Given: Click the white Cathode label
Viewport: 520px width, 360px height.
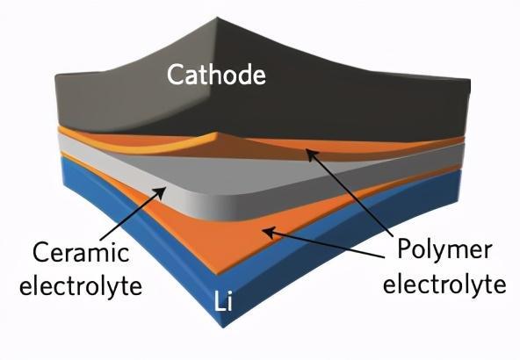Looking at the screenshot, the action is click(216, 75).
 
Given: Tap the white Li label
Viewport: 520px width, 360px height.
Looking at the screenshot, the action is click(223, 301).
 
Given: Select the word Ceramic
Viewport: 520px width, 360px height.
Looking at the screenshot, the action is click(81, 253).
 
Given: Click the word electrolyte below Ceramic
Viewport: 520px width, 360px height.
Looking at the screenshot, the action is click(81, 285).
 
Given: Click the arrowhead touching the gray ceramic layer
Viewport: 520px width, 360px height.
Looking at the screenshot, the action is click(160, 192).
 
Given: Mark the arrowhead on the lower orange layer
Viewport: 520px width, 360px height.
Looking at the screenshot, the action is click(270, 232).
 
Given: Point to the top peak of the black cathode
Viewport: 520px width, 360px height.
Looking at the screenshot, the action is click(217, 18).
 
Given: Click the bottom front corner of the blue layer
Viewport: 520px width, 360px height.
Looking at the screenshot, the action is click(223, 328).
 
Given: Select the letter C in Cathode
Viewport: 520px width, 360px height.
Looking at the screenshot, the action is click(175, 75).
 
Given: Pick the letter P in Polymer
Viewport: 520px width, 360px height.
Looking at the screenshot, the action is click(404, 248).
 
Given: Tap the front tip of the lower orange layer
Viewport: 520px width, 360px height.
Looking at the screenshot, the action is click(217, 274).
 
